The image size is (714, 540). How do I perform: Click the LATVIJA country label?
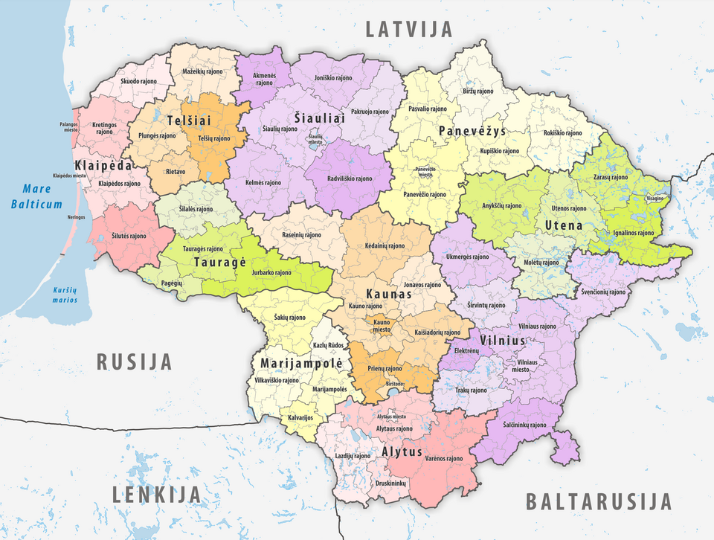click(x=409, y=29)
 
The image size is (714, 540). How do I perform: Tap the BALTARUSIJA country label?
click(x=599, y=501)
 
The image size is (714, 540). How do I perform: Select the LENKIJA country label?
click(x=156, y=494)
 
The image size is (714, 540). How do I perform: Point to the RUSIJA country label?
click(x=135, y=362)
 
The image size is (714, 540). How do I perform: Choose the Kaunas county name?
click(x=387, y=295)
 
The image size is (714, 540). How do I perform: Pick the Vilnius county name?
click(x=503, y=341)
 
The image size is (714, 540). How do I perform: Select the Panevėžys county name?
click(x=472, y=131)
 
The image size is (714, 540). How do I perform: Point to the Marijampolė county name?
click(x=301, y=364)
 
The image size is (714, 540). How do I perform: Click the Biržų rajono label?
click(x=477, y=91)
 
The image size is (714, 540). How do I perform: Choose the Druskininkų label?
click(x=391, y=483)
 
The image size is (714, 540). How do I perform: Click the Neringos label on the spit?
click(x=75, y=216)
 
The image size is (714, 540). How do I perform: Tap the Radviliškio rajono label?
click(x=348, y=179)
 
